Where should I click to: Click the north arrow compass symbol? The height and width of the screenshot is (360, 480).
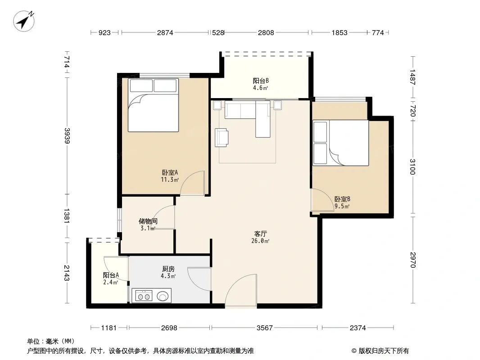(x=23, y=21)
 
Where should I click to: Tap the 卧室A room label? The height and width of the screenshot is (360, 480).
(x=170, y=173)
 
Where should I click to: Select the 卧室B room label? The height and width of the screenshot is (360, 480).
(x=342, y=199)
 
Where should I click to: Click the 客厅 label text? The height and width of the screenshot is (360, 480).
(x=260, y=234)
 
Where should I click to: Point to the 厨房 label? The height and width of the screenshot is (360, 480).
(x=168, y=269)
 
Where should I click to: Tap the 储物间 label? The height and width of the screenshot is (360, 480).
(x=148, y=221)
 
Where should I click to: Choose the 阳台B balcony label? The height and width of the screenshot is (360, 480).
(x=261, y=81)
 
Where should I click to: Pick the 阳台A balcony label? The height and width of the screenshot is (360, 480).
(x=111, y=275)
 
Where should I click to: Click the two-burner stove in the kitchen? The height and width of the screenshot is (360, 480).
(x=144, y=297)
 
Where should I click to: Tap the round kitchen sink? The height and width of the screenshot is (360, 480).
(x=163, y=296)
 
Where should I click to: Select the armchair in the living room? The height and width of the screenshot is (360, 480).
(x=222, y=137)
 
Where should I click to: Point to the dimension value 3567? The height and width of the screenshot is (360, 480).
(x=264, y=328)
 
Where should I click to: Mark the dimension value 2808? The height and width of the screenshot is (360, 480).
(x=266, y=32)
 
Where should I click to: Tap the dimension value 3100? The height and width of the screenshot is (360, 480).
(x=412, y=166)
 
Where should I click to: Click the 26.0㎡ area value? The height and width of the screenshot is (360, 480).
(x=260, y=241)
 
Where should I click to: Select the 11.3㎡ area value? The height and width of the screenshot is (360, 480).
(x=170, y=180)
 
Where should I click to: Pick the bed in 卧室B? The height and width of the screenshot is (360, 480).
(x=340, y=143)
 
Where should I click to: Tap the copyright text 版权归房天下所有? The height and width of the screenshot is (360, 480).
(x=384, y=351)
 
